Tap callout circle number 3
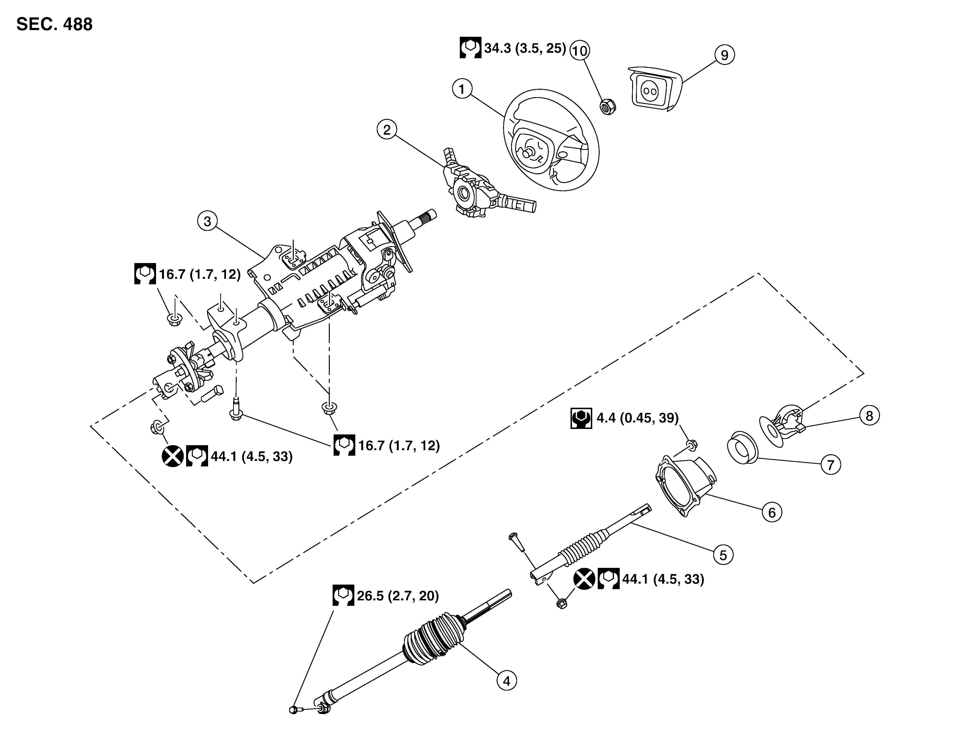(x=207, y=221)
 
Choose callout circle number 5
(x=723, y=555)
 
